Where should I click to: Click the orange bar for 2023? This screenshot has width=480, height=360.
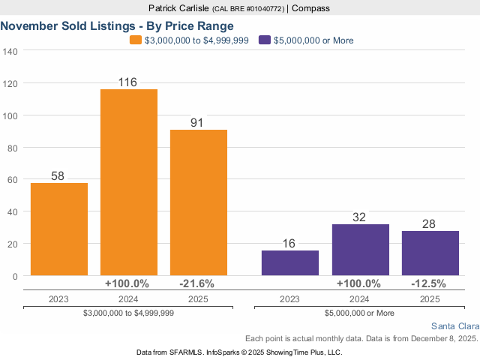pyautogui.click(x=59, y=229)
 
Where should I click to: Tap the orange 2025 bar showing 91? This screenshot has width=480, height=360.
pyautogui.click(x=199, y=202)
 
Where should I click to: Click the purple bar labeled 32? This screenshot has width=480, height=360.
pyautogui.click(x=360, y=250)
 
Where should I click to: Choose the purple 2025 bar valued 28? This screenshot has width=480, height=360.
pyautogui.click(x=430, y=253)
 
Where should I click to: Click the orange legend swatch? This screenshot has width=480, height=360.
pyautogui.click(x=135, y=40)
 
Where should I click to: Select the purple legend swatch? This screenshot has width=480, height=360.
pyautogui.click(x=263, y=40)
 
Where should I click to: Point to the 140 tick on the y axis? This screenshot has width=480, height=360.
pyautogui.click(x=10, y=51)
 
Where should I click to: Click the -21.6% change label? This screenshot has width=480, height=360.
pyautogui.click(x=197, y=283)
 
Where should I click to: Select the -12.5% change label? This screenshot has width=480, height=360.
pyautogui.click(x=429, y=283)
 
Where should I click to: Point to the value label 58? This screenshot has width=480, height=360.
pyautogui.click(x=58, y=176)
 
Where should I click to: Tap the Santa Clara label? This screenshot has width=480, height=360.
pyautogui.click(x=454, y=326)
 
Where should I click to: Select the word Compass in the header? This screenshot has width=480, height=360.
pyautogui.click(x=310, y=8)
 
